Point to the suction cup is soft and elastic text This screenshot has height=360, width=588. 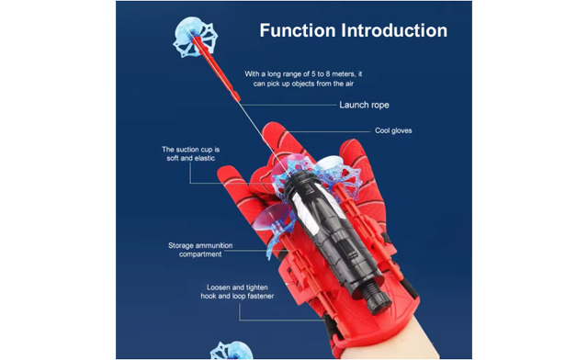191,154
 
